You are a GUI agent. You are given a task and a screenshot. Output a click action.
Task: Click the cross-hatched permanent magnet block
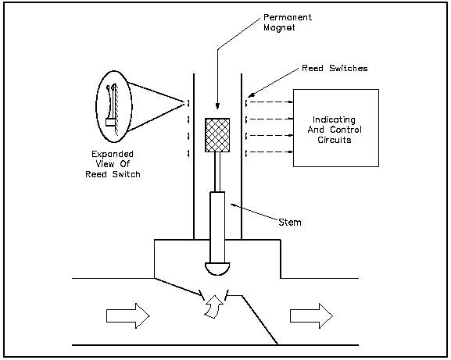217,135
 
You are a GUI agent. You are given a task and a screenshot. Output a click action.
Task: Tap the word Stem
290,222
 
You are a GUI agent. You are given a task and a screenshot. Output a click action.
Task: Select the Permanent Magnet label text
288,23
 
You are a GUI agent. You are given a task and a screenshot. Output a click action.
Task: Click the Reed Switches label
335,69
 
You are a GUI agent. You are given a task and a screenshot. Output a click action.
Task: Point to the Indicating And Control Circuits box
336,128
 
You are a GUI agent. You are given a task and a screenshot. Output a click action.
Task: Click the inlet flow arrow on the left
128,316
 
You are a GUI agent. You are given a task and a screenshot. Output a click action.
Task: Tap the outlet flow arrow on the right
312,316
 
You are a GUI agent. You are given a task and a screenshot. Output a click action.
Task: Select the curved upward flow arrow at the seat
214,307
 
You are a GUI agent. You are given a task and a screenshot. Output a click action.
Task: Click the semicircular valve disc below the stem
217,269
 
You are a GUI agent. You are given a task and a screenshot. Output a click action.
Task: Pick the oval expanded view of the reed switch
113,106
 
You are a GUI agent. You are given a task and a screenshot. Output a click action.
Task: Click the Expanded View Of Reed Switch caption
113,164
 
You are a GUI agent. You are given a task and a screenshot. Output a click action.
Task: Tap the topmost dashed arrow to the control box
270,102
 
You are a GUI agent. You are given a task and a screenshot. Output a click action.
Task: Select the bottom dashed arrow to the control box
270,151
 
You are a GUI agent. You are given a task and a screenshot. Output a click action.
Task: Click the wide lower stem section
217,227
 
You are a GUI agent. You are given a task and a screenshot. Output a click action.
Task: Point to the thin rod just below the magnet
218,172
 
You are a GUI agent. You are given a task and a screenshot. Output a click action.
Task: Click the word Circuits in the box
335,140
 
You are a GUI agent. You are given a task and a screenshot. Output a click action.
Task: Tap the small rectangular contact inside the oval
110,123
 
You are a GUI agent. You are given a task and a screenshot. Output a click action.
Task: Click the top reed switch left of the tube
188,103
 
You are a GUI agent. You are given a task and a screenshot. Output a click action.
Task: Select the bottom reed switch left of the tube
188,153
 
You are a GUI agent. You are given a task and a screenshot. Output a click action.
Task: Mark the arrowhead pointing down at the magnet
217,106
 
